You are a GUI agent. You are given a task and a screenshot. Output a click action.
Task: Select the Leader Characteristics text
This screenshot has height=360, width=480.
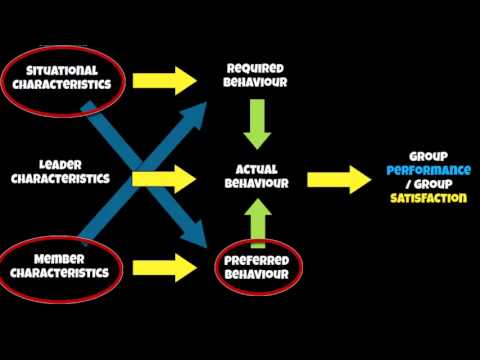59,172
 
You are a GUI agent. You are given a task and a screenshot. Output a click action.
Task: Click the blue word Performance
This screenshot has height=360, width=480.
428,171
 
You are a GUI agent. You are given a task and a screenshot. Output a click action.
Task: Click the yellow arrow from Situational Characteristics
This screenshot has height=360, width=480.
166,77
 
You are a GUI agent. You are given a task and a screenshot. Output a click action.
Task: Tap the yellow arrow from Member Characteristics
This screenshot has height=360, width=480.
166,267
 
